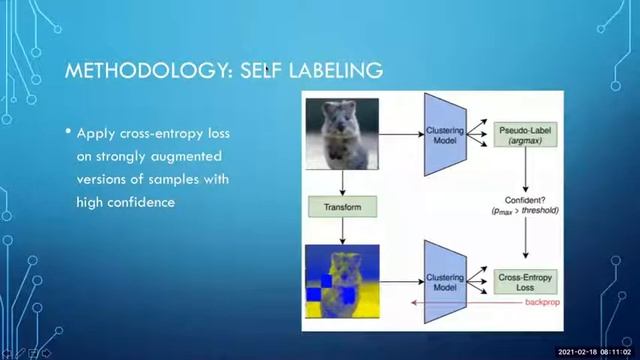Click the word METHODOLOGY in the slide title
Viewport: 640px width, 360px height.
pos(131,72)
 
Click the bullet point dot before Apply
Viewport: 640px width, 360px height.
pos(68,132)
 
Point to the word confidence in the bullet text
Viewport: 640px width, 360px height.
pos(146,201)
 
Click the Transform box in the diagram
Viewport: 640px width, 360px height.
pos(342,208)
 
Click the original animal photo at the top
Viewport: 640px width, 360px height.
pos(343,133)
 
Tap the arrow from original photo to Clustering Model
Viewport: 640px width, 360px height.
pos(398,133)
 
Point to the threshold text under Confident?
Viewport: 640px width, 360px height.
pos(528,213)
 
